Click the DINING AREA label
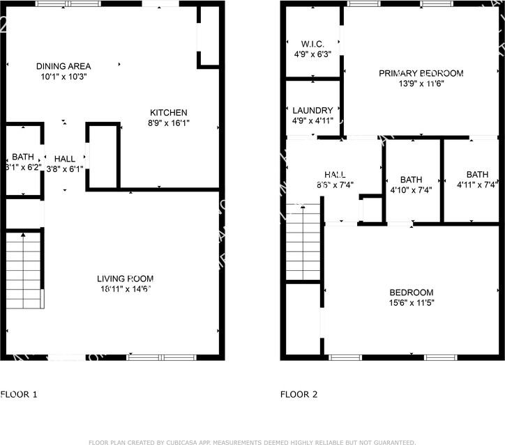coord(63,66)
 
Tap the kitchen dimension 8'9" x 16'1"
coord(169,123)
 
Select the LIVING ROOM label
coord(125,279)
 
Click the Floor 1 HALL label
coord(64,159)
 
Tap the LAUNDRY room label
coord(312,110)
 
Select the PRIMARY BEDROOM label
coord(421,73)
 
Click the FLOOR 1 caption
coord(19,394)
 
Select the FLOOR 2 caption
coord(299,394)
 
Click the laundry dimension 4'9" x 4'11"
coord(312,120)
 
